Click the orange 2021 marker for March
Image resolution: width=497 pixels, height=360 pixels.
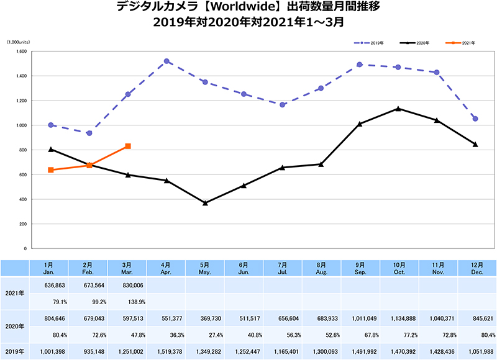(128, 146)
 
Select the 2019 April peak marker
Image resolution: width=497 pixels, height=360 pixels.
(167, 61)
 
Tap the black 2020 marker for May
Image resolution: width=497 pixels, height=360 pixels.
(206, 203)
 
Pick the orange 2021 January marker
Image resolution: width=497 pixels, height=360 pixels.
(50, 169)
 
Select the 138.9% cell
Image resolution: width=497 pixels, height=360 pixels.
(127, 302)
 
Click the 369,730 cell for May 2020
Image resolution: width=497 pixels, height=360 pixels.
(204, 318)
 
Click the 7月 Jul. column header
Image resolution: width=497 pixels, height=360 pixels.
(283, 269)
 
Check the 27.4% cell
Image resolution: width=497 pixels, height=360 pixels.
(204, 334)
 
